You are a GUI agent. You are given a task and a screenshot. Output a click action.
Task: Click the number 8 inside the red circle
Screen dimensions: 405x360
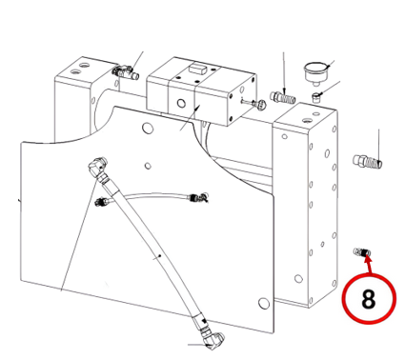coord(368,299)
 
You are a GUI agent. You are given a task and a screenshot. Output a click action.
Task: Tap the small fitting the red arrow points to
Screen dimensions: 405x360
coord(362,252)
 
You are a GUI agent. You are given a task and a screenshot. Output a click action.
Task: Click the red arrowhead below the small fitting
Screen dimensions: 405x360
coord(367,259)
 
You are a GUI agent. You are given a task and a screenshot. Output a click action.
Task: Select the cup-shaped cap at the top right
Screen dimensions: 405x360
coord(315,72)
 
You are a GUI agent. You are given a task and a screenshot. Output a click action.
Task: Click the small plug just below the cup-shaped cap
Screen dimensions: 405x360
coord(316,96)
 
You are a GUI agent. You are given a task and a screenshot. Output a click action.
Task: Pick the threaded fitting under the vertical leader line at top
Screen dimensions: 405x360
coord(283,97)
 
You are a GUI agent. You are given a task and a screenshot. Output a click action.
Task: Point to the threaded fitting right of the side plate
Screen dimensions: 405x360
coord(368,161)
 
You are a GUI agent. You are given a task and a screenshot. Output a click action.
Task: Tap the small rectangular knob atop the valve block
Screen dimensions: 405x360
coord(197,69)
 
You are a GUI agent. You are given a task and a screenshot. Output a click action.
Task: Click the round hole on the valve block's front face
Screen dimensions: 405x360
coord(181,103)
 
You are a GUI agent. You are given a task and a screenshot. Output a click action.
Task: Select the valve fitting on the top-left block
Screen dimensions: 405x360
coord(125,72)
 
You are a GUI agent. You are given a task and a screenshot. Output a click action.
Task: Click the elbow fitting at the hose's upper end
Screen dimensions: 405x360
coord(98,167)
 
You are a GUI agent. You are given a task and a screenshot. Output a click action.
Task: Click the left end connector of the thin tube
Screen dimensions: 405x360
coord(102,201)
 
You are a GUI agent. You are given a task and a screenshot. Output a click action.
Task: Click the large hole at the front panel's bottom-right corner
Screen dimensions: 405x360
coord(263,304)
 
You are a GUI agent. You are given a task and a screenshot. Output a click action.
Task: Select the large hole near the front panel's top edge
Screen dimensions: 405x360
coord(148,128)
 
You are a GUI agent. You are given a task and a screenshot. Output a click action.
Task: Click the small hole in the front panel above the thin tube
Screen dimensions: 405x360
coord(148,166)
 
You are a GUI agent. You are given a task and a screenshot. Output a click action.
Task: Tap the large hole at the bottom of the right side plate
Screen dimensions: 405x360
coord(298,279)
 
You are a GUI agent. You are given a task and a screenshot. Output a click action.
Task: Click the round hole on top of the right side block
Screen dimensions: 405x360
coord(307,121)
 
